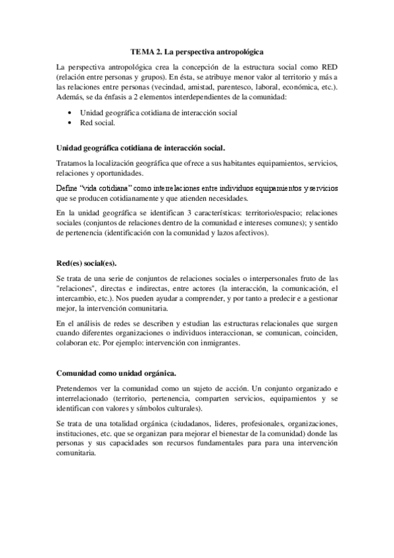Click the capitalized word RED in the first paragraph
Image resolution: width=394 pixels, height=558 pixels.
pos(327,67)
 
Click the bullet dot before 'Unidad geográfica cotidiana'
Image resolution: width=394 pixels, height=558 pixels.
pos(70,113)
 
